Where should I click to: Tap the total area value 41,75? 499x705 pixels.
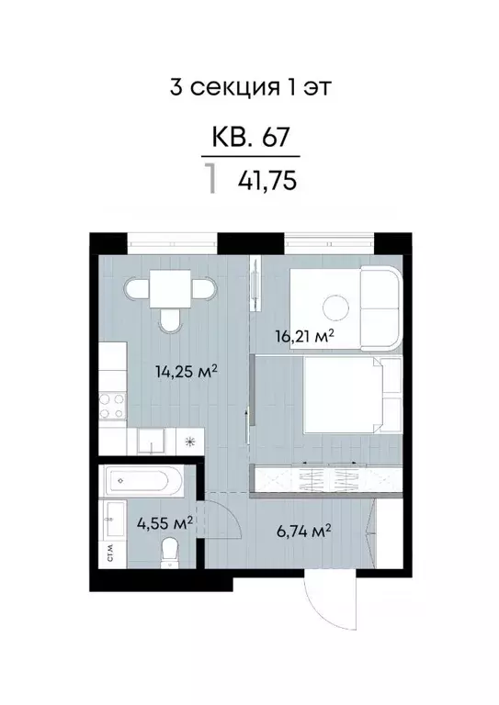coord(267,180)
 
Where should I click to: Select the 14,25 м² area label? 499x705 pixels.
coord(186,371)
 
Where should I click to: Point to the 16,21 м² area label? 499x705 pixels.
coord(302,335)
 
